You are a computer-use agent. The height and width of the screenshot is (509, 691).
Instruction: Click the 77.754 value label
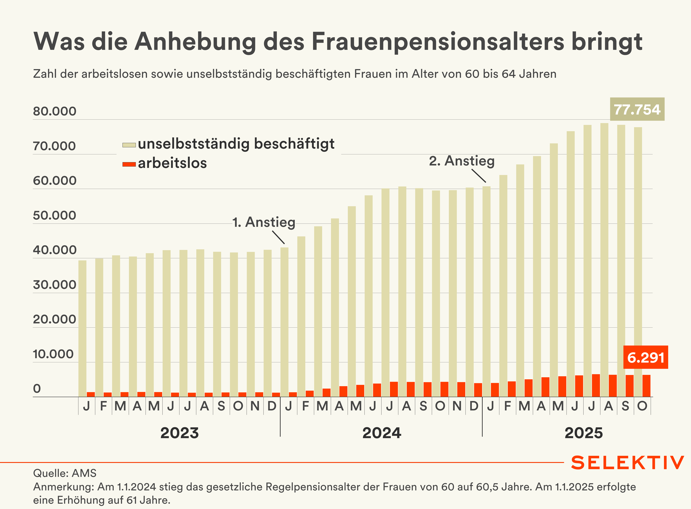[637, 109]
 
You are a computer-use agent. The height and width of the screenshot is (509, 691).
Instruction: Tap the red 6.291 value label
[645, 357]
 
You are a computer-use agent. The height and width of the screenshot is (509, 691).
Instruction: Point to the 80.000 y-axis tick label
[55, 111]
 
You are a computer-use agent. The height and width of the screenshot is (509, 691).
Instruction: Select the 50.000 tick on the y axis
[55, 215]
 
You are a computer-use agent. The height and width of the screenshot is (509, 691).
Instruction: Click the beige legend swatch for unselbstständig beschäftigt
[129, 145]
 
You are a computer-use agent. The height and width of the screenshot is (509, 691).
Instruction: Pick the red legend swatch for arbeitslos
[129, 164]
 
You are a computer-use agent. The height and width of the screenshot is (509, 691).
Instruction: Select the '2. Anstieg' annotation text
[462, 161]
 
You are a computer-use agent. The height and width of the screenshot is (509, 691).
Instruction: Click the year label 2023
[179, 433]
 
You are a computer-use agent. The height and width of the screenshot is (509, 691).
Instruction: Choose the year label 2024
[382, 433]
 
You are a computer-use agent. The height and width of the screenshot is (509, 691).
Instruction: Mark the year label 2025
[583, 433]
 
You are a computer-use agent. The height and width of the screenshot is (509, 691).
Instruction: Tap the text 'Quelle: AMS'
[65, 473]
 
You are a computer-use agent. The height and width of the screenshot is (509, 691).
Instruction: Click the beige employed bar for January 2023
[82, 328]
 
